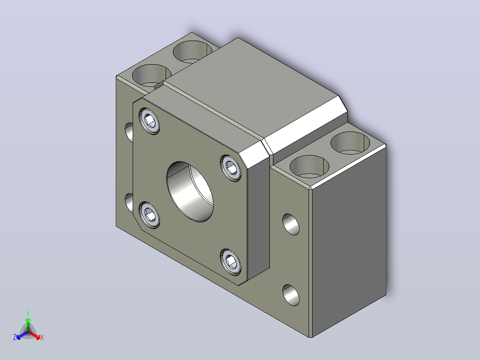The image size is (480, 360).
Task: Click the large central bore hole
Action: click(x=190, y=192)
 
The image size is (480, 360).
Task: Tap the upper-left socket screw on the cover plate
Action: click(x=149, y=121)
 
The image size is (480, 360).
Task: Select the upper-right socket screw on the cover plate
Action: click(x=231, y=168)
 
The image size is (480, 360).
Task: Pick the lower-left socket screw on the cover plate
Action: click(x=149, y=215)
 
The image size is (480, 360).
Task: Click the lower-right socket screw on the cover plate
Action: click(x=231, y=262)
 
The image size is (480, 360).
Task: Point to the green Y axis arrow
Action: click(x=28, y=323)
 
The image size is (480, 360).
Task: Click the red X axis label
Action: click(x=42, y=337)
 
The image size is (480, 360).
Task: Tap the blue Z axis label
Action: click(x=15, y=337)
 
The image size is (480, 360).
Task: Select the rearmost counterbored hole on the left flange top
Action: click(x=192, y=52)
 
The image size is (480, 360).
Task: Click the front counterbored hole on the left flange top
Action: click(x=151, y=75)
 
